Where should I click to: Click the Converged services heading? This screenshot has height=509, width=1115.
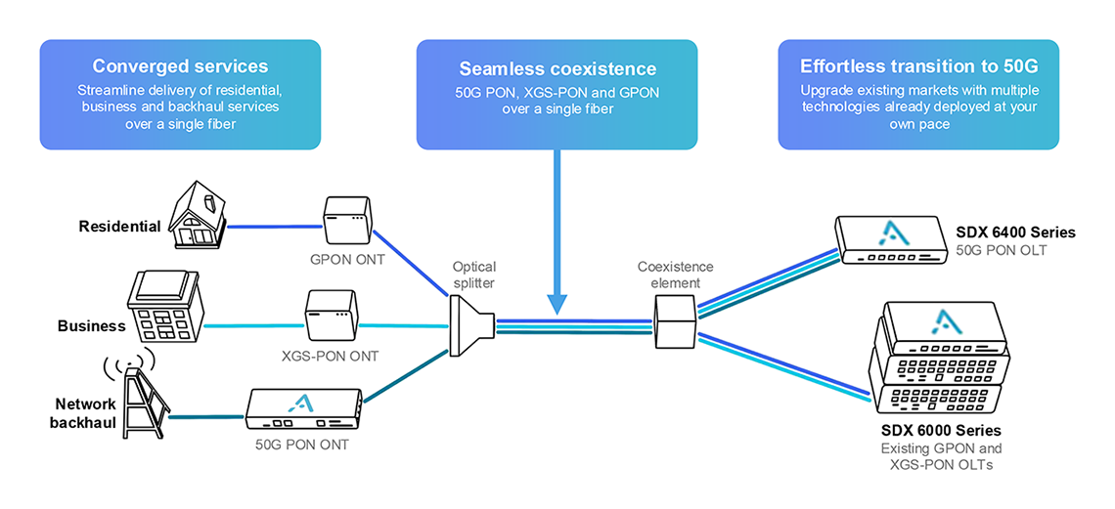(x=180, y=66)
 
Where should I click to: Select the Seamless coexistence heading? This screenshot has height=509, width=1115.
(x=557, y=69)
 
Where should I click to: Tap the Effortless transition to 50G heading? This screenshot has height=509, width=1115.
(x=918, y=66)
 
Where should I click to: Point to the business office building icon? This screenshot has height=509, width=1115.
(x=166, y=304)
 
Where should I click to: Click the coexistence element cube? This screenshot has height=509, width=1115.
(x=675, y=320)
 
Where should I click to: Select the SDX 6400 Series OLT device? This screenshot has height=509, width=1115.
(x=890, y=239)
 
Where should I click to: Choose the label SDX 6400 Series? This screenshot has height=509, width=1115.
(x=1015, y=233)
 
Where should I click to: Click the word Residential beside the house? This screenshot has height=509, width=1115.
(x=119, y=227)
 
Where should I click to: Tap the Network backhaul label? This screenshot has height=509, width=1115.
(x=85, y=412)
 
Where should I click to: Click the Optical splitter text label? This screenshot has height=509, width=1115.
(x=474, y=275)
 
